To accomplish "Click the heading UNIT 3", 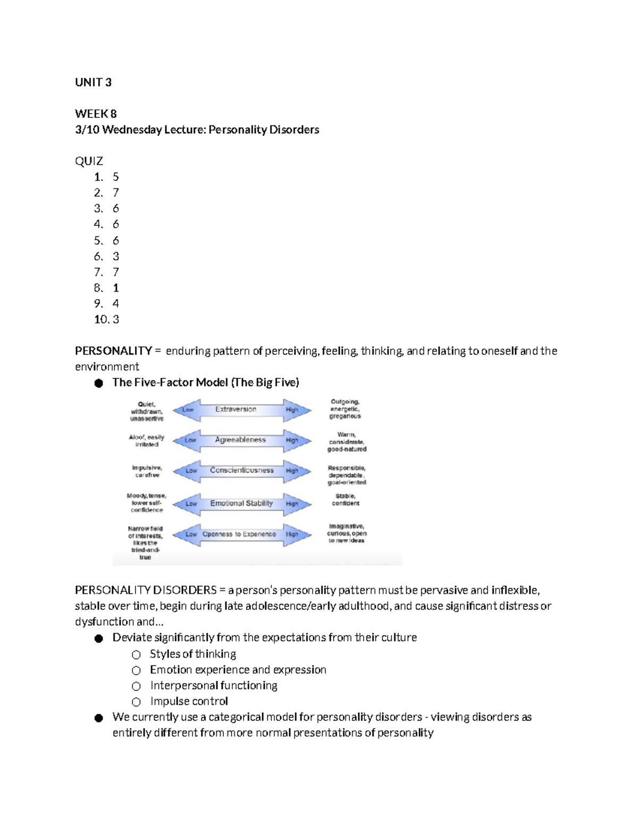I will pos(93,82).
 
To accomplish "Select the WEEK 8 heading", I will pos(96,114).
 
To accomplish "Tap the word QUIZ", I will pos(89,161).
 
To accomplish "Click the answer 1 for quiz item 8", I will pos(116,288).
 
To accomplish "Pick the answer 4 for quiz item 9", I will pos(116,304).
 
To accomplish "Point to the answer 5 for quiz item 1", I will pos(116,177).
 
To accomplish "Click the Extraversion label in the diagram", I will pos(236,410).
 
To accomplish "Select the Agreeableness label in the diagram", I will pos(240,440).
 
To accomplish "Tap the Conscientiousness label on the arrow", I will pos(241,471).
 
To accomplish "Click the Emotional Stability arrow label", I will pos(241,504).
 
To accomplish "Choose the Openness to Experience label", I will pos(239,534).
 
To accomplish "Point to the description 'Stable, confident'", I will pos(346,500).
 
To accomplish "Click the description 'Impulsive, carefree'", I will pos(147,472).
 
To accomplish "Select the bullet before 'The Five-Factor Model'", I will pos(98,384).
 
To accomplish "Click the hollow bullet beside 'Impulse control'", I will pos(137,702).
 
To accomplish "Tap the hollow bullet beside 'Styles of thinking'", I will pos(137,654).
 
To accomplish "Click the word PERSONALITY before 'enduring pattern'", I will pos(113,351).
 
